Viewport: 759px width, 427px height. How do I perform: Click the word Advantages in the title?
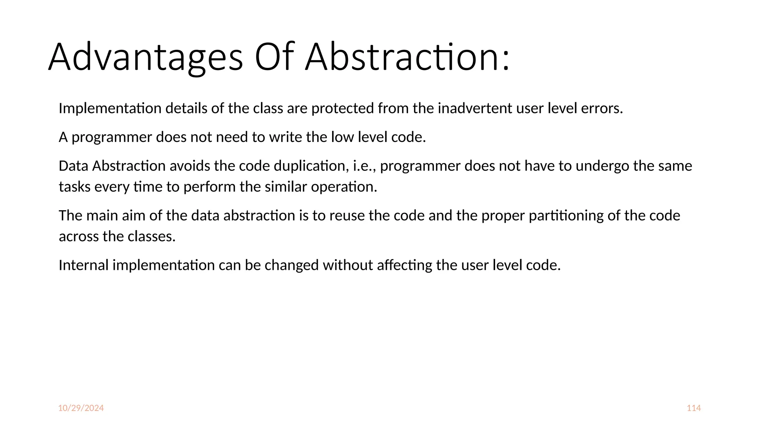(x=146, y=57)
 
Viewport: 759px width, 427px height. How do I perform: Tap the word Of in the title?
(x=274, y=57)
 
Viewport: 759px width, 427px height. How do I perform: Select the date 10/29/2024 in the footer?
(x=81, y=408)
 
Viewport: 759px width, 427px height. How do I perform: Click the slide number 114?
(x=693, y=408)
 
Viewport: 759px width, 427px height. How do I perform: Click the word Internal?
(x=84, y=265)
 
